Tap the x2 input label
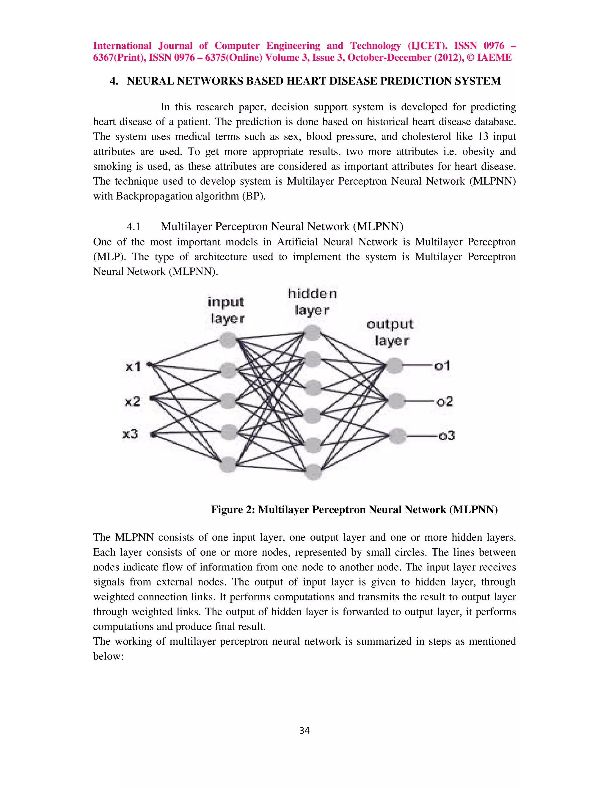(132, 401)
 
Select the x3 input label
(131, 434)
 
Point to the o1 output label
(442, 366)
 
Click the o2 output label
(445, 401)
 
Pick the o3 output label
(447, 436)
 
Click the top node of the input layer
(228, 340)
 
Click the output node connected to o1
(394, 366)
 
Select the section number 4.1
(133, 227)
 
